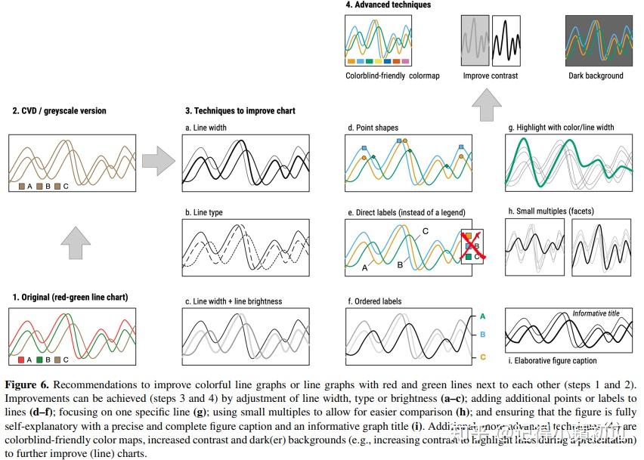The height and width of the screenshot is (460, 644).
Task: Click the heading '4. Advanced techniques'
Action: pyautogui.click(x=388, y=5)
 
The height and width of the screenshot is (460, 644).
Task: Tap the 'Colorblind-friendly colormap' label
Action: pyautogui.click(x=392, y=76)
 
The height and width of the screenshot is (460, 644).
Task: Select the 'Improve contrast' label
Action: pyautogui.click(x=491, y=76)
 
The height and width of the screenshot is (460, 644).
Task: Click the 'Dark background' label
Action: pyautogui.click(x=596, y=76)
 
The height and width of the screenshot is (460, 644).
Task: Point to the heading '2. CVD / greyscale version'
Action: pyautogui.click(x=59, y=111)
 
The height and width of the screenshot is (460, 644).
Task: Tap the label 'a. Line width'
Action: pyautogui.click(x=206, y=128)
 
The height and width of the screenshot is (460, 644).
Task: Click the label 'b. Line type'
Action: pyautogui.click(x=204, y=213)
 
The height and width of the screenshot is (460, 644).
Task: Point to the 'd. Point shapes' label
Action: pyautogui.click(x=373, y=128)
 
